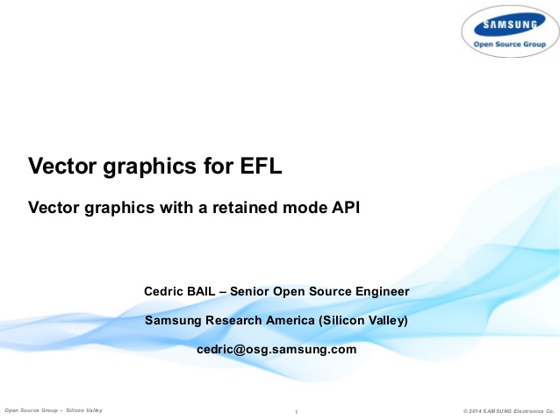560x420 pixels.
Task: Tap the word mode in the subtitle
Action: pyautogui.click(x=300, y=208)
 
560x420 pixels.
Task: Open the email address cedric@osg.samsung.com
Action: pyautogui.click(x=276, y=349)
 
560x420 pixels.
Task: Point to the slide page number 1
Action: pyautogui.click(x=298, y=411)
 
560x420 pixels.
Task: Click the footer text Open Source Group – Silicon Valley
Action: pyautogui.click(x=54, y=410)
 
